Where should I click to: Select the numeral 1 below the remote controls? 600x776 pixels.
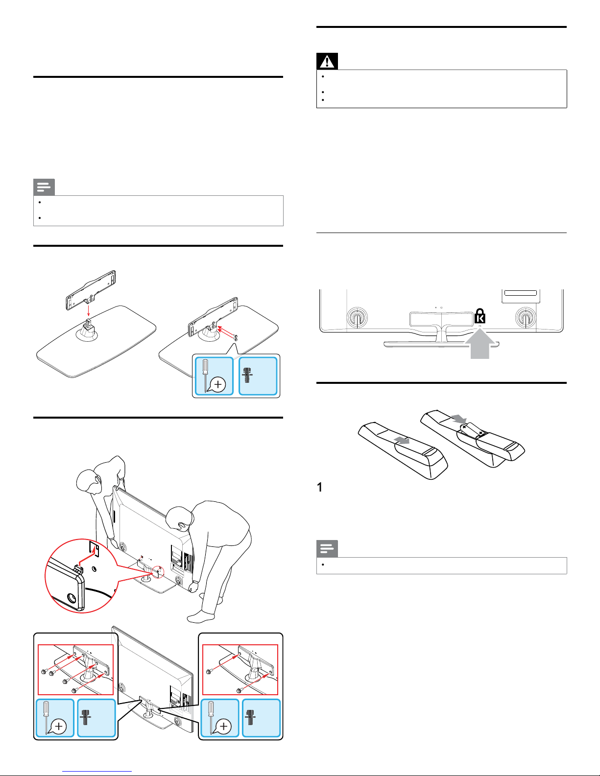pos(320,487)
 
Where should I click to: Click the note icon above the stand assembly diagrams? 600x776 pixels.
pos(44,187)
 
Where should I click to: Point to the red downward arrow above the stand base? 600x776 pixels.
pos(89,310)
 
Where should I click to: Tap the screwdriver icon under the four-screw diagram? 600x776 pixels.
pos(54,718)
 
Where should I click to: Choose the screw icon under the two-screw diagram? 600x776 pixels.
pos(251,717)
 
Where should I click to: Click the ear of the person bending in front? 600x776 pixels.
pos(182,526)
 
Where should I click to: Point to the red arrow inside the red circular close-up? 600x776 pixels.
pos(87,554)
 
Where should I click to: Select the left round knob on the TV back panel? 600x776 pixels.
pos(357,318)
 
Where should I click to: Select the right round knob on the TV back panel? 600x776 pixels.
pos(526,318)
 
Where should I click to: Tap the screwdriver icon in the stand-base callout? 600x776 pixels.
pos(214,376)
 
